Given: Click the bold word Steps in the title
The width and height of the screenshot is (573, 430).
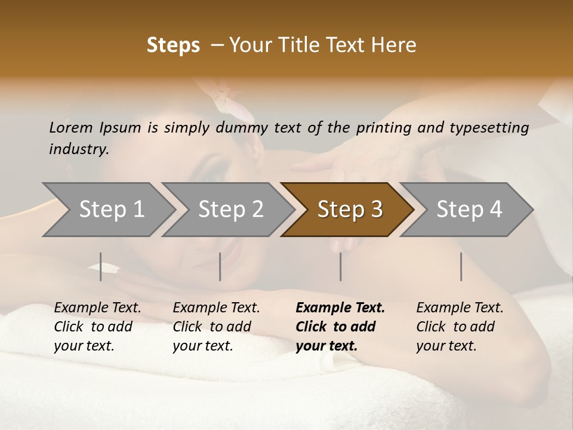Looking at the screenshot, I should tap(173, 45).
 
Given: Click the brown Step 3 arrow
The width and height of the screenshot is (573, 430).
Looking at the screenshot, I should tap(350, 210).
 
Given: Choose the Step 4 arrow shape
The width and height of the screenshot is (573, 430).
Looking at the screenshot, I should tap(469, 210).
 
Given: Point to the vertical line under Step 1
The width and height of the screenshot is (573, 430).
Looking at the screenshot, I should tap(101, 266).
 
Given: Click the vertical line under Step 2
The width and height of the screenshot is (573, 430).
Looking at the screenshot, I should tap(220, 266).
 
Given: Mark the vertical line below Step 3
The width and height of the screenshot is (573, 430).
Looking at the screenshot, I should tap(340, 266).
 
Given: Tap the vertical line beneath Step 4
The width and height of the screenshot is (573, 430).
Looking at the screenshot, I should tap(461, 266).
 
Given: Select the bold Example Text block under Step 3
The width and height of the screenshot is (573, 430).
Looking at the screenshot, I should tap(340, 327).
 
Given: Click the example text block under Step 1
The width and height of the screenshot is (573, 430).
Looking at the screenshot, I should tap(98, 327).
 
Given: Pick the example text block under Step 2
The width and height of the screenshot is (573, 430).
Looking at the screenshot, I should tap(217, 327).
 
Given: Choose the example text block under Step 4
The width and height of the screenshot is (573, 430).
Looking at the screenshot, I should tap(460, 327).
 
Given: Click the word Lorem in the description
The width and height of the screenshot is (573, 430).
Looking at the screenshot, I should tap(71, 128).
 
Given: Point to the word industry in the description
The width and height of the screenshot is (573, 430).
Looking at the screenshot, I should tap(78, 149).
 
